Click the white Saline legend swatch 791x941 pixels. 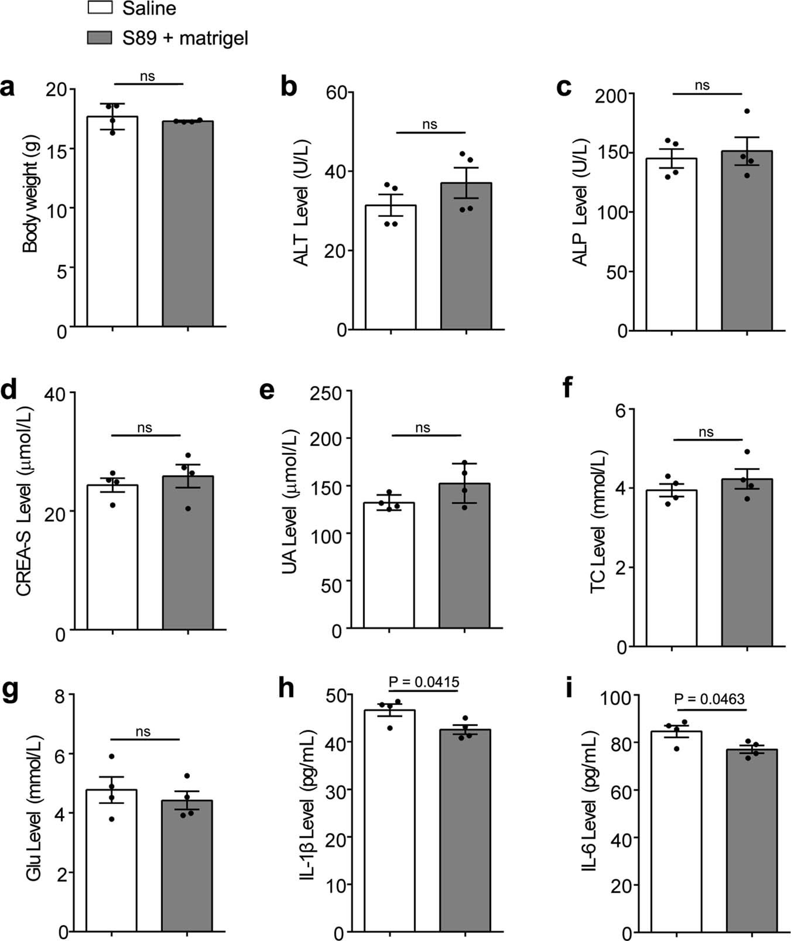click(100, 9)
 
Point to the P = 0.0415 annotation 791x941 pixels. click(423, 682)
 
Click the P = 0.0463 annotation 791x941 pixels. click(709, 699)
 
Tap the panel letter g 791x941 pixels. click(10, 691)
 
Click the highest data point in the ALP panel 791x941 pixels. click(747, 111)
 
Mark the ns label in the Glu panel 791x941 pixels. click(143, 732)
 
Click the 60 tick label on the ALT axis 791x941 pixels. click(337, 93)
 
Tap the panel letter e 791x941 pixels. click(267, 389)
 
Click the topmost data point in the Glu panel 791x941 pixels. click(111, 756)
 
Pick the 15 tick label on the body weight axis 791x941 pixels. click(60, 149)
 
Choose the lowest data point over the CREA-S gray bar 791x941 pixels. click(188, 508)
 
